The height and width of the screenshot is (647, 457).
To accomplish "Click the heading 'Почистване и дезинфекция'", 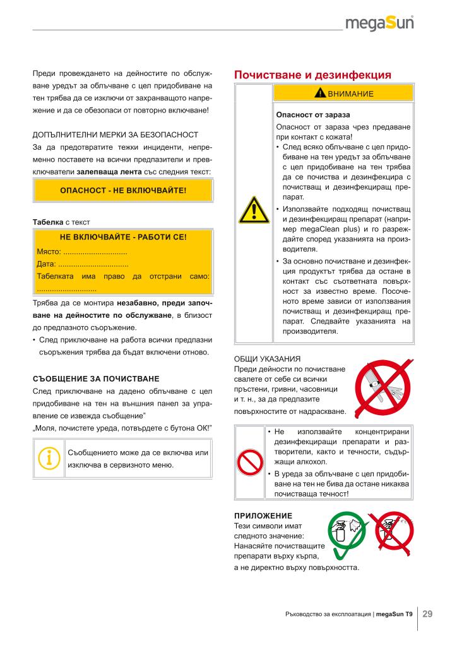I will [313, 75].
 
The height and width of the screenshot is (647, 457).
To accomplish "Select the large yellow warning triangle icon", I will [253, 209].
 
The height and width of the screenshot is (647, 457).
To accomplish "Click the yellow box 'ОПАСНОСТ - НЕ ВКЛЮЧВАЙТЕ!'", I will [123, 190].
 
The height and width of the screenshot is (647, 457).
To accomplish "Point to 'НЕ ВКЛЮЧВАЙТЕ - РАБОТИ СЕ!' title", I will [123, 238].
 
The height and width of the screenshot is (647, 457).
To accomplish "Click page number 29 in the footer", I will [427, 613].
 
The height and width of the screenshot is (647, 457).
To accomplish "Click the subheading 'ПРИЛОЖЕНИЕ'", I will [263, 516].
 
